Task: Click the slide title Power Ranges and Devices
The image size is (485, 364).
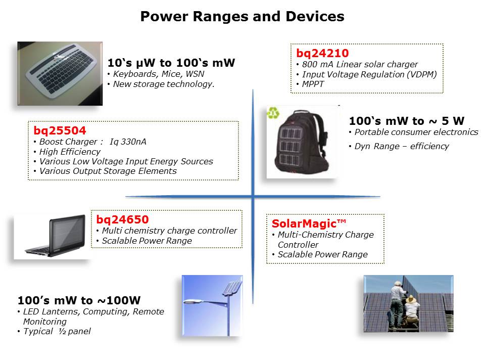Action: (x=242, y=16)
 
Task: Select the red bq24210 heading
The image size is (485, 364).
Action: (x=322, y=53)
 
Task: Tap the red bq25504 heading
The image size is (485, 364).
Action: (x=60, y=130)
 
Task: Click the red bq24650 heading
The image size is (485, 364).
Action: (x=122, y=219)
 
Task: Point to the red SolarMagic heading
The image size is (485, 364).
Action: (x=309, y=223)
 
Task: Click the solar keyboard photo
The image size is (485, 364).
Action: (x=60, y=74)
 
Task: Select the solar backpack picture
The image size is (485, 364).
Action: (x=302, y=142)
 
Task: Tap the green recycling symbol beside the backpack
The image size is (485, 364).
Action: (x=273, y=113)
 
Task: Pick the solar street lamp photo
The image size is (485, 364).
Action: (x=212, y=305)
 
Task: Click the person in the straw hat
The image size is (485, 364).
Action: (x=412, y=310)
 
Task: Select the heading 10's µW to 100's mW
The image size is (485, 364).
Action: (x=171, y=63)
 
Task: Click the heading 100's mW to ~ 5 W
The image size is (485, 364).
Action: (x=406, y=121)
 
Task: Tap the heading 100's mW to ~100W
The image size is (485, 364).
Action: (x=79, y=300)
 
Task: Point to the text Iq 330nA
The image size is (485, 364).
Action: (x=128, y=142)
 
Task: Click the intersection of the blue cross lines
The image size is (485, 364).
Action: (x=253, y=196)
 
